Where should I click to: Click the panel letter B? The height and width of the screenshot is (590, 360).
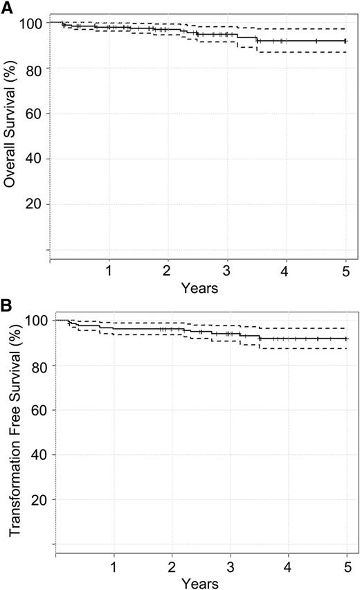[8, 305]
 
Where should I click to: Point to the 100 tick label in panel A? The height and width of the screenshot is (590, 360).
[33, 24]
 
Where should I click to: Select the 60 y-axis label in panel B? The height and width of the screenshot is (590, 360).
[40, 410]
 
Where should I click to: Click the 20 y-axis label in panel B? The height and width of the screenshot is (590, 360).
[40, 499]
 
